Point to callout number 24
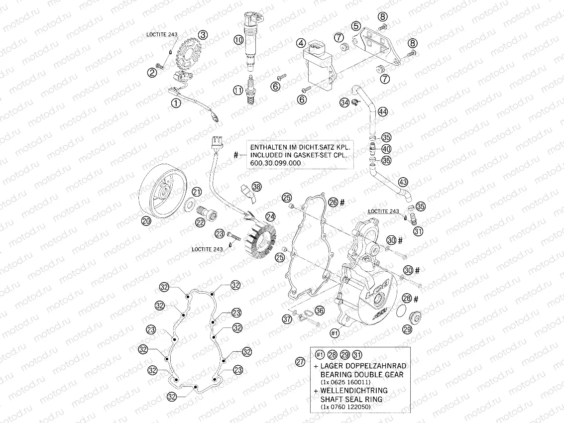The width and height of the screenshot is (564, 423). (x=270, y=216)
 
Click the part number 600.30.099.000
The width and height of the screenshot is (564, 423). (x=273, y=163)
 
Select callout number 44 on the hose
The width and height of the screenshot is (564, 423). (x=382, y=112)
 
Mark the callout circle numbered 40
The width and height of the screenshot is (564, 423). (x=386, y=149)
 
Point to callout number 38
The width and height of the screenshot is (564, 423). (x=256, y=187)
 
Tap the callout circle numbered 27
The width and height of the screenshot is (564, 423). (x=300, y=362)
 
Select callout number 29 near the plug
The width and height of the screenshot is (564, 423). (x=407, y=329)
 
